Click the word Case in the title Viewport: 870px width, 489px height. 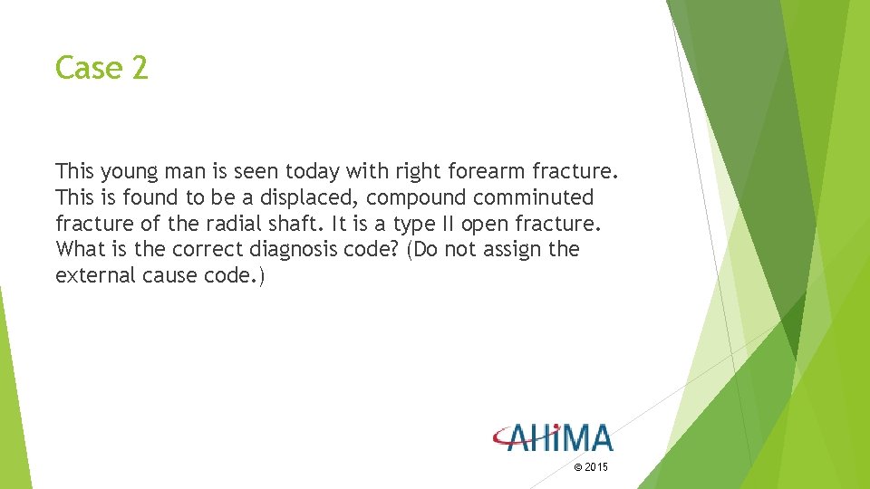85,68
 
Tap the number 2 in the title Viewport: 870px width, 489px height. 139,68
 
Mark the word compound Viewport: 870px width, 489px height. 407,197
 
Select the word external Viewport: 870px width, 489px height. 94,274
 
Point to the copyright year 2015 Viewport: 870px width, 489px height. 597,467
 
